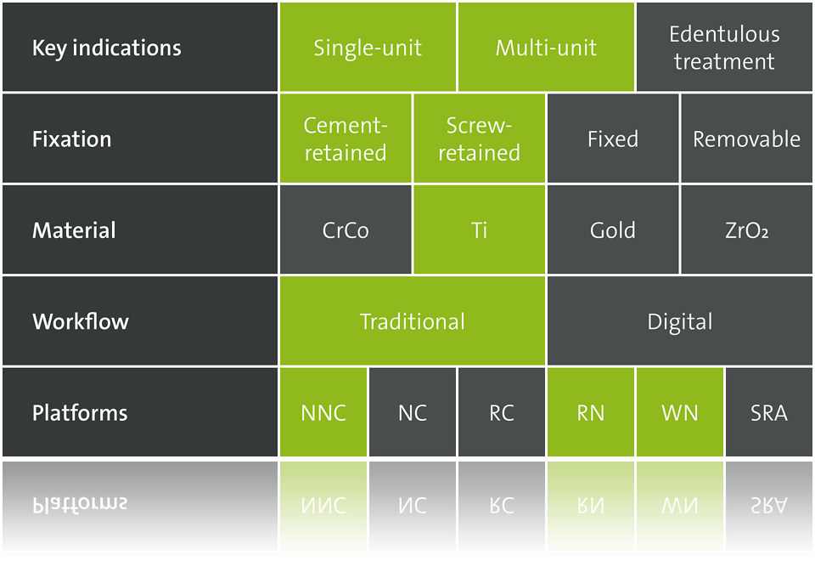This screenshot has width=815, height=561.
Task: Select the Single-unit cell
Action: pyautogui.click(x=368, y=48)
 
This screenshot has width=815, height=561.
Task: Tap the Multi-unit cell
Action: pyautogui.click(x=546, y=48)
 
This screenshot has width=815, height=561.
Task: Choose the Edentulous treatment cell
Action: pyautogui.click(x=724, y=48)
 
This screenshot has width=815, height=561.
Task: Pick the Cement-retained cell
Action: pyautogui.click(x=346, y=139)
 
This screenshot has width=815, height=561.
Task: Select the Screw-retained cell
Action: pyautogui.click(x=479, y=139)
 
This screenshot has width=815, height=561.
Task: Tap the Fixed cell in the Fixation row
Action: pyautogui.click(x=613, y=139)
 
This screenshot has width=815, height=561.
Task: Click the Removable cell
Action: pyautogui.click(x=746, y=139)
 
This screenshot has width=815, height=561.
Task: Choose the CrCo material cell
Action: pyautogui.click(x=346, y=229)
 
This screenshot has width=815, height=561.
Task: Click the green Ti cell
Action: pyautogui.click(x=479, y=229)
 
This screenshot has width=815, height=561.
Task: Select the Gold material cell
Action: pyautogui.click(x=613, y=229)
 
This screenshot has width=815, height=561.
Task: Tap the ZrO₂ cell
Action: pyautogui.click(x=746, y=229)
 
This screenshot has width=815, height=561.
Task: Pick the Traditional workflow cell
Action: pyautogui.click(x=413, y=320)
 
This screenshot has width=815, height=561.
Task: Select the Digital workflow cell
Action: pyautogui.click(x=680, y=320)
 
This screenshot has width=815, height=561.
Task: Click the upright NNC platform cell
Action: pyautogui.click(x=323, y=412)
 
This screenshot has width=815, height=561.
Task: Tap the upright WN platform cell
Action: pyautogui.click(x=680, y=412)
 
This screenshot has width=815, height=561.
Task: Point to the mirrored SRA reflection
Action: pyautogui.click(x=769, y=505)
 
